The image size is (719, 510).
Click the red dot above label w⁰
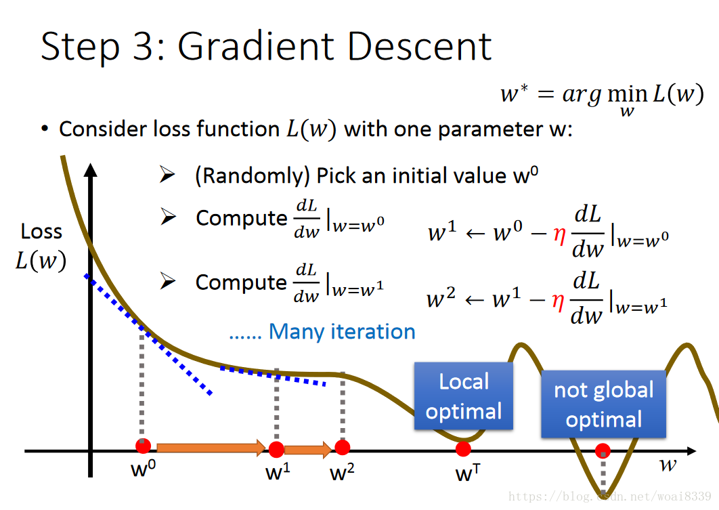[x=143, y=446]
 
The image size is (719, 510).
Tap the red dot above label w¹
[x=276, y=450]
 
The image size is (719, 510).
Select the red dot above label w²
[x=342, y=447]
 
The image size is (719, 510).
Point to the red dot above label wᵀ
[x=463, y=449]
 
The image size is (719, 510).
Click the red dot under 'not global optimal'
[x=603, y=451]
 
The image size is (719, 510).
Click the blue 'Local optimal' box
[x=464, y=396]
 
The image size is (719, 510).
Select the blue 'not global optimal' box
[x=603, y=404]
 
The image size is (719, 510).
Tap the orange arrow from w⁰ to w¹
[x=211, y=448]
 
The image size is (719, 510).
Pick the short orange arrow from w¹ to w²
[x=308, y=450]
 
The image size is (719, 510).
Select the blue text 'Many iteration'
[x=342, y=332]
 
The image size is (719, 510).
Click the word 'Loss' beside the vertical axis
[x=41, y=232]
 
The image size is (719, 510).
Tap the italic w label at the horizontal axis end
[x=668, y=465]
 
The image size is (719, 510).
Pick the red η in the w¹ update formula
[x=559, y=235]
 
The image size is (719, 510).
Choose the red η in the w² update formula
[x=558, y=301]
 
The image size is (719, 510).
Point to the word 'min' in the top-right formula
[x=628, y=94]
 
